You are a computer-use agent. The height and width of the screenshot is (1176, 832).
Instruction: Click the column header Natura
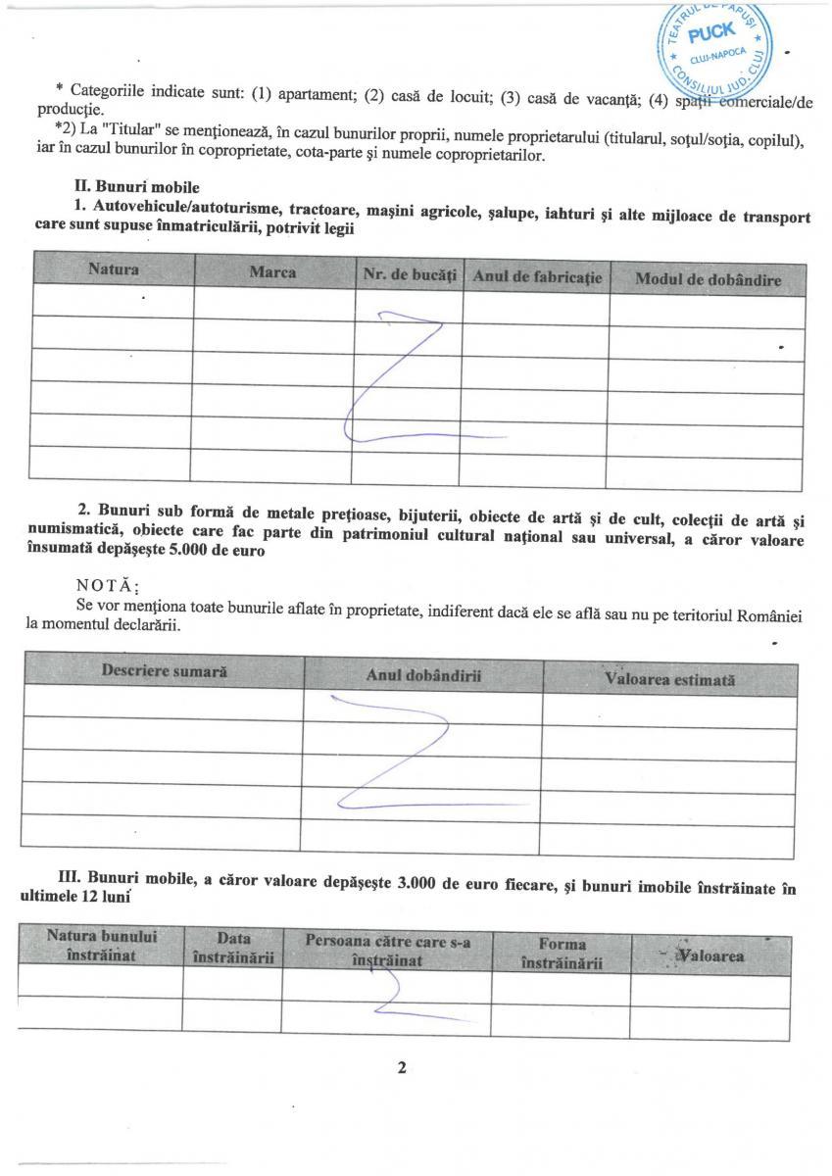[x=114, y=269]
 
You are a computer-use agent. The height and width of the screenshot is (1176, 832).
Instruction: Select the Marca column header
[x=272, y=271]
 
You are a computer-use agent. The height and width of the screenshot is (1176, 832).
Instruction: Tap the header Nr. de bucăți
[x=410, y=276]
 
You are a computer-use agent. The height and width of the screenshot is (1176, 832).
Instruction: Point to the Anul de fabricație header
[x=536, y=277]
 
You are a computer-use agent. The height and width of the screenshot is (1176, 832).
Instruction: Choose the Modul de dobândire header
[x=708, y=280]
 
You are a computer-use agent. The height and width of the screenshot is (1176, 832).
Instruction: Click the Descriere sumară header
[x=164, y=671]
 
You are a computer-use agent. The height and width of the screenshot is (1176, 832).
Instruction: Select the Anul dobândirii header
[x=423, y=675]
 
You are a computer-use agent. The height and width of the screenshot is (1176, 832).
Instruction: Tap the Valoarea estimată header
[x=669, y=679]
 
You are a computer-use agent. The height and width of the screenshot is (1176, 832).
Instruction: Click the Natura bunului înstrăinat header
[x=101, y=946]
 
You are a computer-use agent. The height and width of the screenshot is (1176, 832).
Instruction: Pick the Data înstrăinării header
[x=233, y=948]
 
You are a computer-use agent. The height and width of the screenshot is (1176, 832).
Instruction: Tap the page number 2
[x=402, y=1068]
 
